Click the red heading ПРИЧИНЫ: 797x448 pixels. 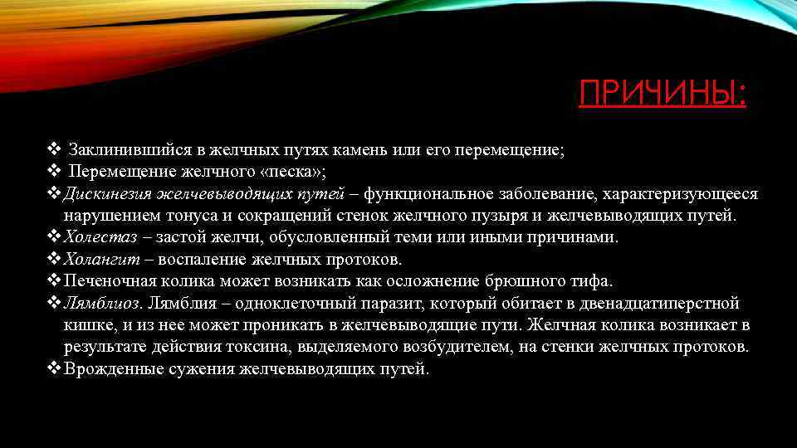pos(663,93)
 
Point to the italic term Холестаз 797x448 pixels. pos(97,237)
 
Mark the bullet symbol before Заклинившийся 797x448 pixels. pos(54,150)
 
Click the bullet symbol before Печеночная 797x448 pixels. pos(54,281)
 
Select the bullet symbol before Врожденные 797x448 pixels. pos(54,368)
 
